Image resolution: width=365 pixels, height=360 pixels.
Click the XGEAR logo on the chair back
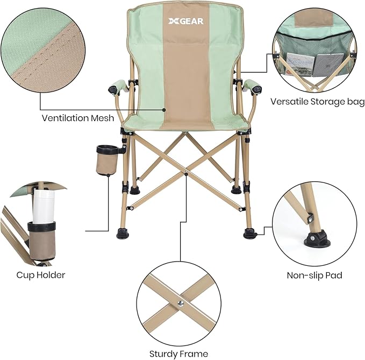point(182,24)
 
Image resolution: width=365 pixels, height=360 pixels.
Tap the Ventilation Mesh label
point(78,118)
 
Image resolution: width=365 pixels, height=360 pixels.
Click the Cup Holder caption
point(40,275)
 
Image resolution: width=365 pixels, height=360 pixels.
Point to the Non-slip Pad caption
point(314,276)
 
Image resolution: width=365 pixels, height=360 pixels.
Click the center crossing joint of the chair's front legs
point(185,172)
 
